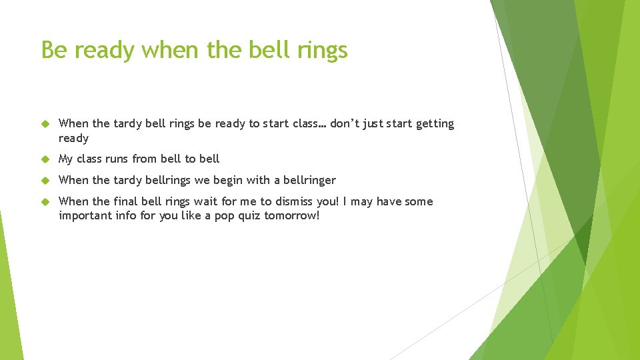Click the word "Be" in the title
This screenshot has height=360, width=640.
(x=55, y=50)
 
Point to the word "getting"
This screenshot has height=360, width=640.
(x=435, y=124)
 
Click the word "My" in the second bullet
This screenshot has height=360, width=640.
(x=66, y=159)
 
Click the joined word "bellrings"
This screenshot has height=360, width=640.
(x=168, y=181)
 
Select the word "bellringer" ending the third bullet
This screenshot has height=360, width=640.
(x=310, y=181)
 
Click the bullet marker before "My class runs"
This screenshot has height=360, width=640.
(x=45, y=159)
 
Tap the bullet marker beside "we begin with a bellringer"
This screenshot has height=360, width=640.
(x=45, y=181)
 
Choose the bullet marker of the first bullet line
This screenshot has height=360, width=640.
(x=45, y=124)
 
